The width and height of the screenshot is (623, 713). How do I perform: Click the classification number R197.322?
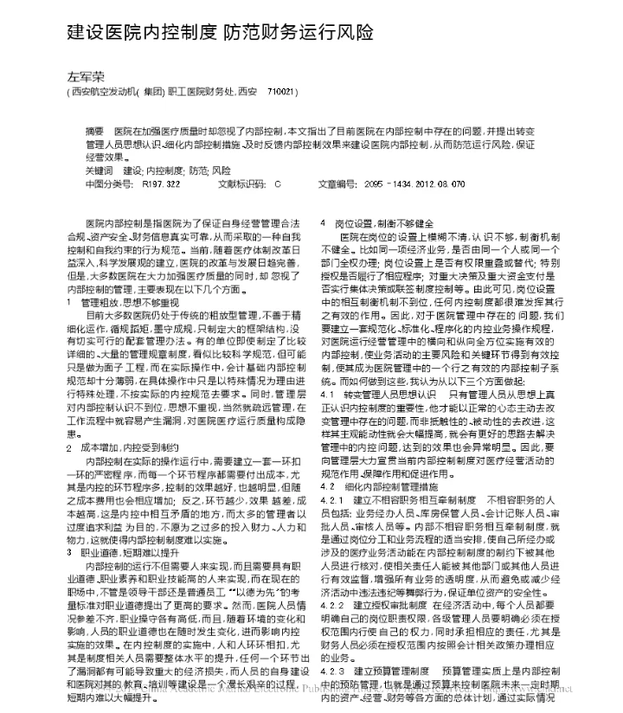click(x=162, y=184)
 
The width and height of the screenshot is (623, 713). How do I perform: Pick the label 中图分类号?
click(x=108, y=184)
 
